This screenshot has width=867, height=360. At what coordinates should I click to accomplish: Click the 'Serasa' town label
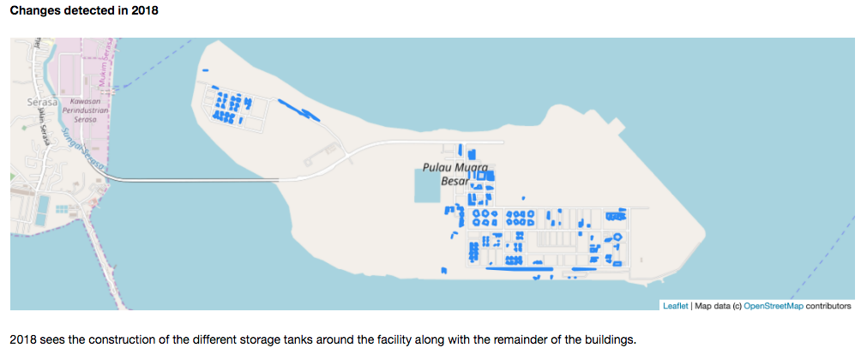(41, 102)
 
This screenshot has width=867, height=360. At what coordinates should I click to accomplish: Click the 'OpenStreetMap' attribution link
(774, 305)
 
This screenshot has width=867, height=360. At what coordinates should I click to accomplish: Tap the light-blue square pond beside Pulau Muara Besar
(430, 185)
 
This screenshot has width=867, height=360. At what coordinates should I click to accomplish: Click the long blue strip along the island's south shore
(519, 269)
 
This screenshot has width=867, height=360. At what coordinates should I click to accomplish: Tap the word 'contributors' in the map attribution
(828, 305)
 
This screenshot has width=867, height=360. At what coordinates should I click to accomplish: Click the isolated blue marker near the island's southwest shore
(443, 270)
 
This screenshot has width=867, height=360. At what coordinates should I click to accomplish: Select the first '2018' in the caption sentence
(23, 339)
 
